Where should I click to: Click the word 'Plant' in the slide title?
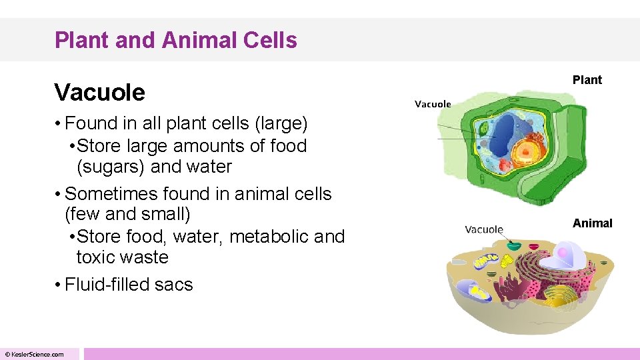[82, 41]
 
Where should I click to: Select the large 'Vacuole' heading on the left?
[99, 92]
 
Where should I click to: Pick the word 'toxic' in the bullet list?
[97, 257]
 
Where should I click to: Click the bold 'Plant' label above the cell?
[587, 80]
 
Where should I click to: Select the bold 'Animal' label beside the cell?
[592, 223]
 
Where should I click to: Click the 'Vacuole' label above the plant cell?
[433, 104]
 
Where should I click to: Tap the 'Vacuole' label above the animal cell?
[484, 229]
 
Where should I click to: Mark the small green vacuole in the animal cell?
[512, 247]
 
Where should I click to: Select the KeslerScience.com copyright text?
[34, 354]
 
